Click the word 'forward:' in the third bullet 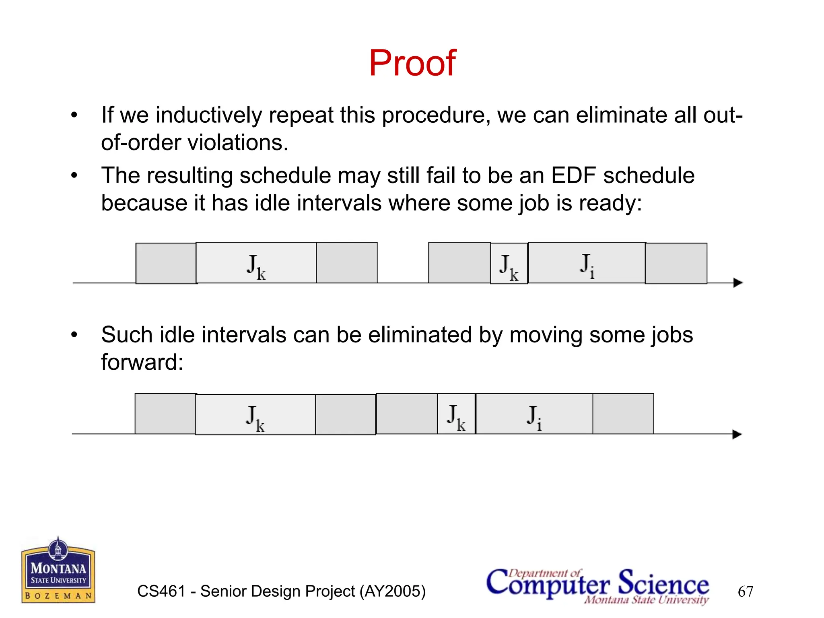point(142,362)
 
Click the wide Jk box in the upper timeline point(256,263)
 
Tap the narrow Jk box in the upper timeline point(509,264)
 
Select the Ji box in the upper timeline point(587,263)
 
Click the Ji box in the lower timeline point(534,414)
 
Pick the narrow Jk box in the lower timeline point(456,414)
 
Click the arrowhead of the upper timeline point(737,283)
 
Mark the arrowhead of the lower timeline point(737,435)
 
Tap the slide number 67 point(745,591)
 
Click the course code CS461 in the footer point(161,591)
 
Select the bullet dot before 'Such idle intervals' point(74,335)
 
